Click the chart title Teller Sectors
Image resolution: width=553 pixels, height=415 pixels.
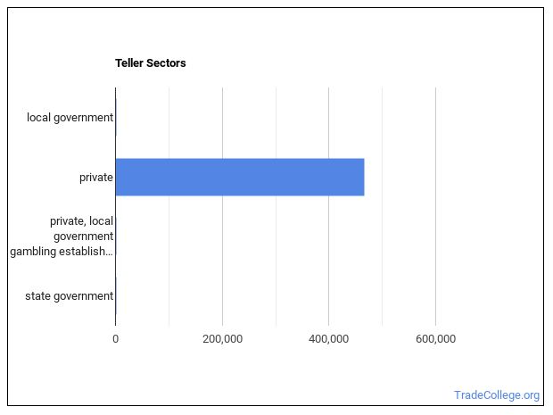pyautogui.click(x=150, y=63)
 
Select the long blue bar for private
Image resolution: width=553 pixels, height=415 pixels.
pyautogui.click(x=239, y=177)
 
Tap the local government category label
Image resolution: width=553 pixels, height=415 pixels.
pyautogui.click(x=70, y=117)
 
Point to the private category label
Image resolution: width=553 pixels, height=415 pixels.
pyautogui.click(x=95, y=177)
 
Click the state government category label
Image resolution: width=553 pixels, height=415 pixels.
pyautogui.click(x=69, y=295)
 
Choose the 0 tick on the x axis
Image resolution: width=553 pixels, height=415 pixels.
pyautogui.click(x=115, y=338)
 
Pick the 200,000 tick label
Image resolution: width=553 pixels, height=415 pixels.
pyautogui.click(x=222, y=338)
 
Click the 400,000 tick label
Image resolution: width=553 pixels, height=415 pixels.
pyautogui.click(x=329, y=338)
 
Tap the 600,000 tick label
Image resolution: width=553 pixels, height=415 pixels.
pyautogui.click(x=435, y=338)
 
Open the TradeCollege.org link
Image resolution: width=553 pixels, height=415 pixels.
pyautogui.click(x=496, y=394)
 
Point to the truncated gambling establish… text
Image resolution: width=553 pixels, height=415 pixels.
pyautogui.click(x=62, y=251)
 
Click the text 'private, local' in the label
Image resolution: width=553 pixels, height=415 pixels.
pyautogui.click(x=81, y=221)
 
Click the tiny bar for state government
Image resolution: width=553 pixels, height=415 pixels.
pyautogui.click(x=116, y=295)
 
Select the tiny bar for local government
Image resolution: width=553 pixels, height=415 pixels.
pyautogui.click(x=116, y=117)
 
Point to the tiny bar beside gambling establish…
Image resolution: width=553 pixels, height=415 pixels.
pyautogui.click(x=116, y=237)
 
